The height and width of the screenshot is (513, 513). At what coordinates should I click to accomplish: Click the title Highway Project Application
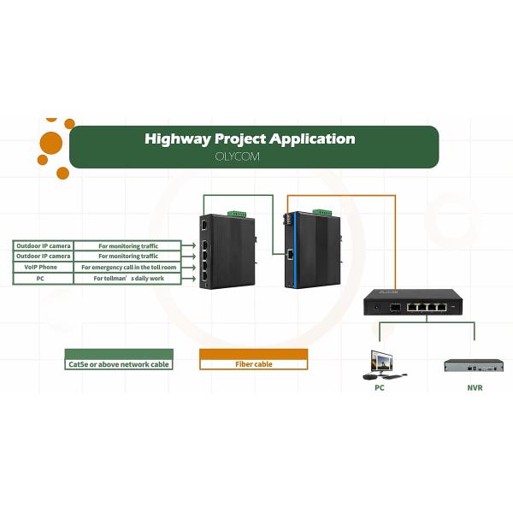coord(250,139)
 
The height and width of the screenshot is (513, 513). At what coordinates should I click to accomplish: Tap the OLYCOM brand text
coord(239,157)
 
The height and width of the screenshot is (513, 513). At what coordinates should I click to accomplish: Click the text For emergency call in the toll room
coord(128,267)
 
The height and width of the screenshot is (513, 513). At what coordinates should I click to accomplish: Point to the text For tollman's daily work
coord(128,279)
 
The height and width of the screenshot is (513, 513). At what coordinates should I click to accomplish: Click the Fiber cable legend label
coord(253,364)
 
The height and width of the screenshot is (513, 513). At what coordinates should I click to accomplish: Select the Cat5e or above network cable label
coord(119,364)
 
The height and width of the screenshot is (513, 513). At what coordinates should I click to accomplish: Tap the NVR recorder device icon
coord(473,366)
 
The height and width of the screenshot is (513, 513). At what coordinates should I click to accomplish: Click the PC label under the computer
coord(380,387)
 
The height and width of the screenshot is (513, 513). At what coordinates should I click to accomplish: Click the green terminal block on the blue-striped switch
coord(321,211)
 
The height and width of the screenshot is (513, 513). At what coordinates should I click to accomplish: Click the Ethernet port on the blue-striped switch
coord(292,254)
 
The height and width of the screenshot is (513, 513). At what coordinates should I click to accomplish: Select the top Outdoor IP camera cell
coord(43,245)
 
